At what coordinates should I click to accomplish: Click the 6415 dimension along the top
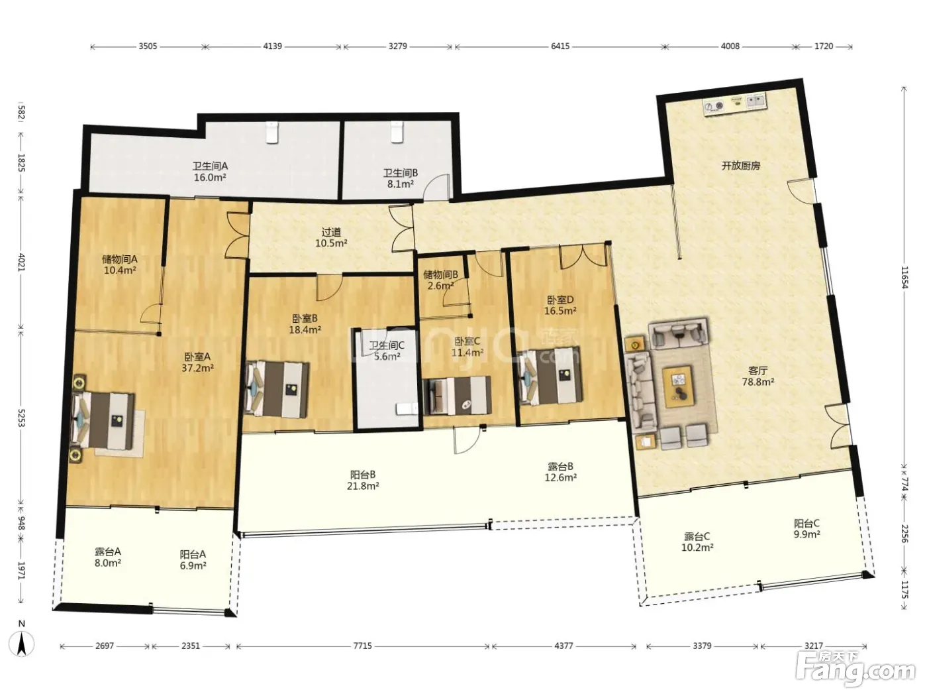[x=560, y=46]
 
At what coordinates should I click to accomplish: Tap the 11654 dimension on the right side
[x=904, y=277]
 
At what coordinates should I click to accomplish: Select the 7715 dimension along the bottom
[x=362, y=646]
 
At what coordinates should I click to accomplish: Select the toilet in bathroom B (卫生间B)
[x=397, y=131]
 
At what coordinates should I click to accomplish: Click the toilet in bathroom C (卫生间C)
[x=407, y=408]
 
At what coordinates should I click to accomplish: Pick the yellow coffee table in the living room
[x=679, y=387]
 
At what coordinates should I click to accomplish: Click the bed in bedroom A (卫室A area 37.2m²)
[x=104, y=420]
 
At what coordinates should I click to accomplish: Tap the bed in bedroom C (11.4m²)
[x=458, y=396]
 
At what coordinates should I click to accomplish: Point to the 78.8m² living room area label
[x=758, y=382]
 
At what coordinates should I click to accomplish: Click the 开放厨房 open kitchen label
[x=741, y=166]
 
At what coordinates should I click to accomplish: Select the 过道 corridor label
[x=331, y=232]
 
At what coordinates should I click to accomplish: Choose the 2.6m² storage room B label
[x=440, y=286]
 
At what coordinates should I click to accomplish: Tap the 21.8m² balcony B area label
[x=363, y=486]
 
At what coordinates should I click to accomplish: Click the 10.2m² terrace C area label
[x=697, y=548]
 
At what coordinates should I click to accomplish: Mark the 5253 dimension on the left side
[x=22, y=417]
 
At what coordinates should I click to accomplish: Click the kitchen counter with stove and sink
[x=735, y=104]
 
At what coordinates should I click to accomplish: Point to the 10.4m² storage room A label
[x=120, y=270]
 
